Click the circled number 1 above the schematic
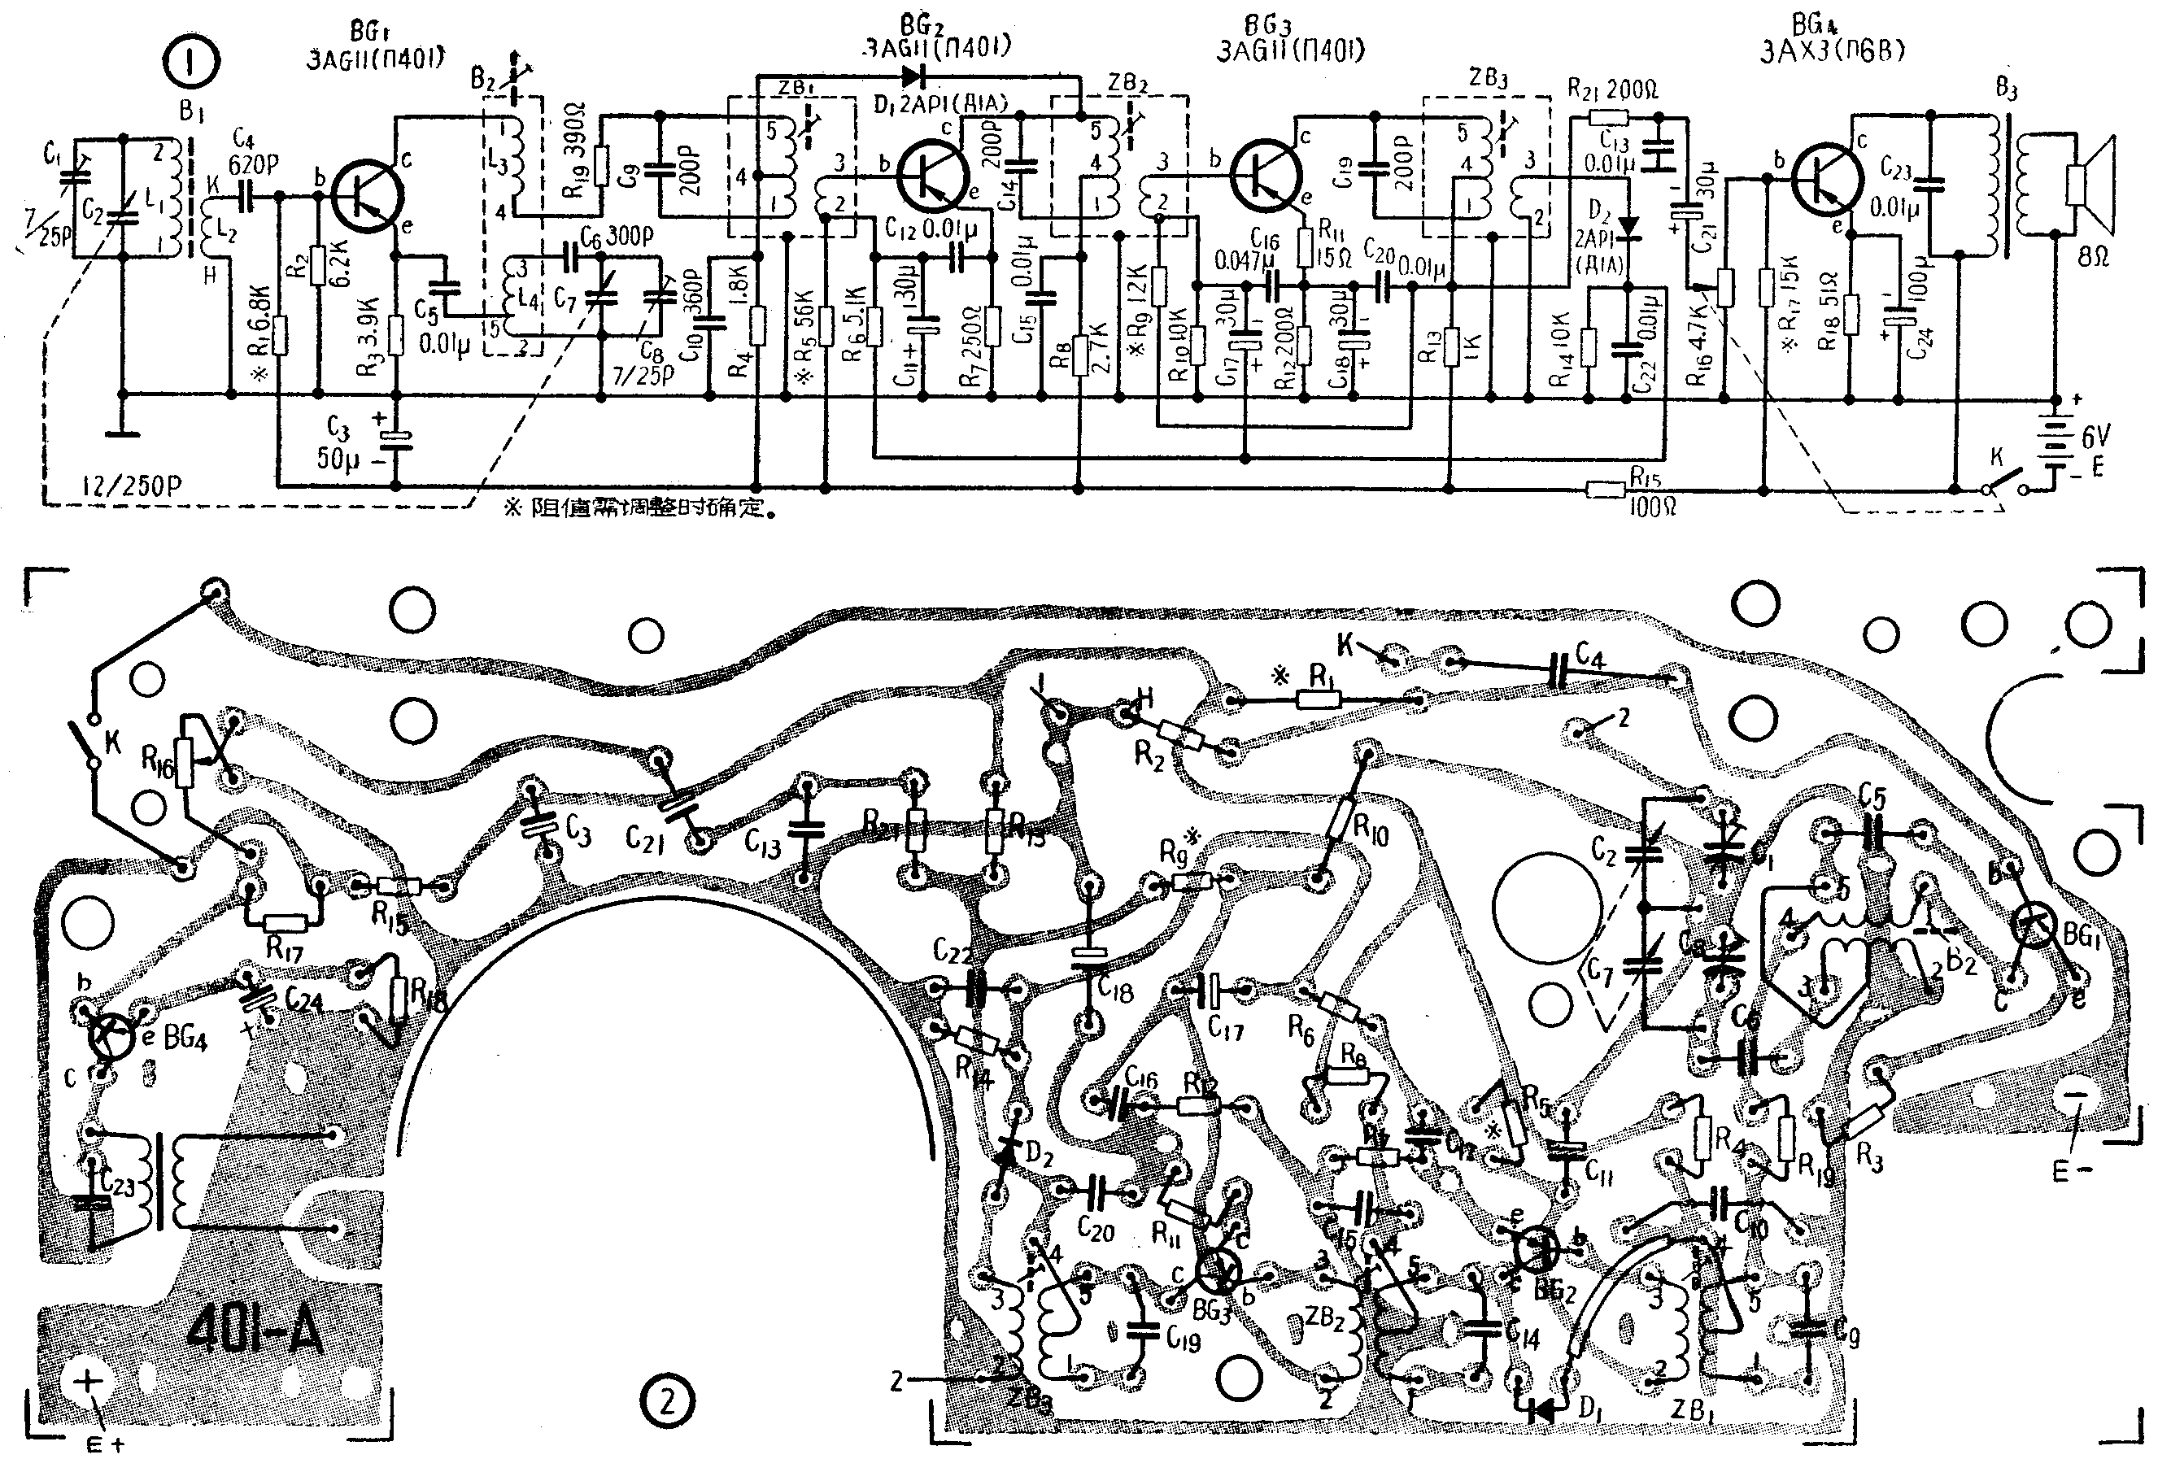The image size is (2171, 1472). (190, 63)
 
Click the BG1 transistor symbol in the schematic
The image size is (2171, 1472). (367, 191)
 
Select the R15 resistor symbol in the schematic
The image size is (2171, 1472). (1606, 488)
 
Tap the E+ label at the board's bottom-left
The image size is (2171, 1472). (105, 1445)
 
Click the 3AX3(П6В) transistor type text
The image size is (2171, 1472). (1832, 51)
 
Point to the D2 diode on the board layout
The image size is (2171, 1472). (1006, 1156)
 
